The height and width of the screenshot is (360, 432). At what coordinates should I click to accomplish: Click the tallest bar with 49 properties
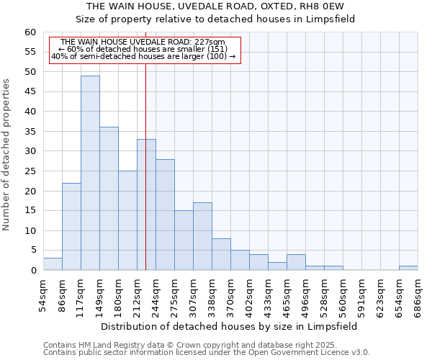click(x=90, y=173)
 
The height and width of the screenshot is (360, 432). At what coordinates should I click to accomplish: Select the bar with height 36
click(x=109, y=199)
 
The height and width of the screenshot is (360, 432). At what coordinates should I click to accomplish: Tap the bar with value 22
click(x=71, y=226)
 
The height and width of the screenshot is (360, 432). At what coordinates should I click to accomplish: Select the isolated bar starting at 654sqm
click(x=408, y=268)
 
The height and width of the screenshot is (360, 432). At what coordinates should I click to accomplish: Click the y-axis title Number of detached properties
click(x=8, y=155)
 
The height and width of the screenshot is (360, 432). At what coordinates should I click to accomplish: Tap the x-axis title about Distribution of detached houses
click(x=229, y=326)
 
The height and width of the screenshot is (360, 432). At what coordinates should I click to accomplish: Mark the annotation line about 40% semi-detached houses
click(x=143, y=56)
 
